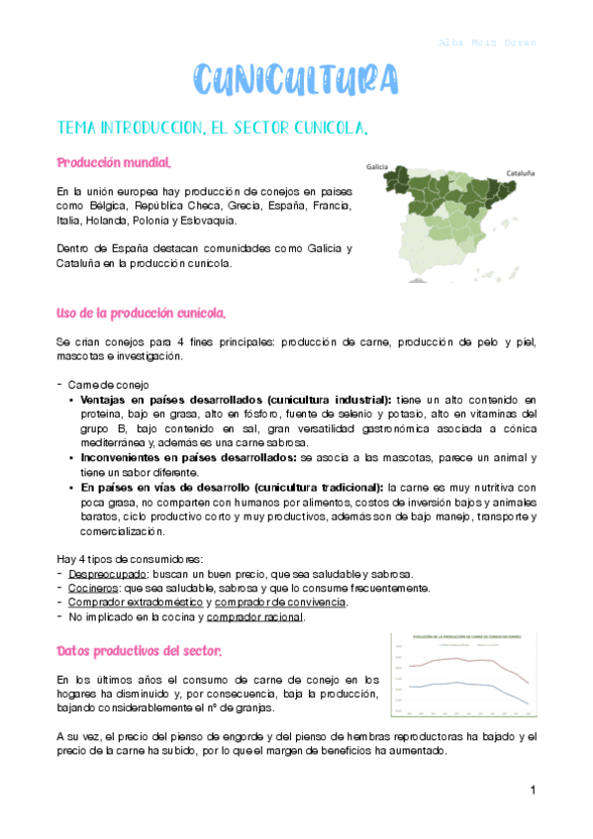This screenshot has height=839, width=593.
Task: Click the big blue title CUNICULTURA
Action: tap(296, 79)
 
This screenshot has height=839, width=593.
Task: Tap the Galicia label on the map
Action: tap(377, 167)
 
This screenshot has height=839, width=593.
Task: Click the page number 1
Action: tap(532, 791)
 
